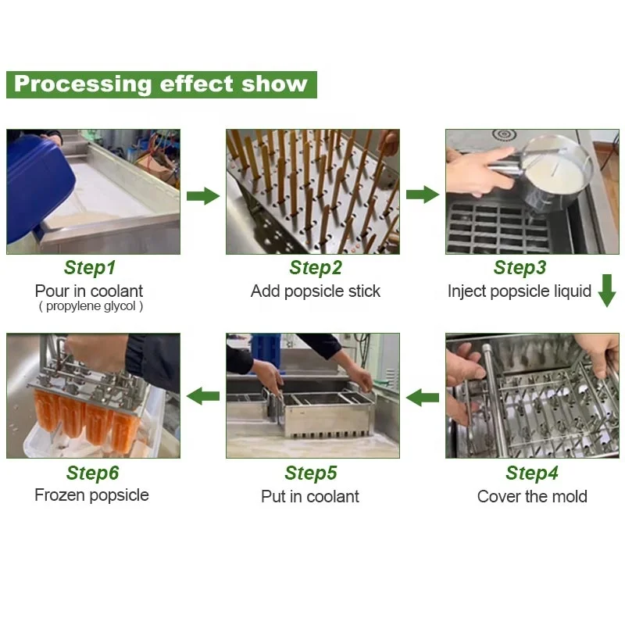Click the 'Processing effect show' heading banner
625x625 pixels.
coord(161,84)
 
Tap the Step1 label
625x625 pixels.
coord(90,268)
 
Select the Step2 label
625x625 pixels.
coord(315,268)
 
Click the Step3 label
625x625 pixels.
coord(520,268)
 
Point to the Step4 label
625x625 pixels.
coord(531,473)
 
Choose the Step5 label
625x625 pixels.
coord(311,473)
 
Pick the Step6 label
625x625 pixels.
coord(92,473)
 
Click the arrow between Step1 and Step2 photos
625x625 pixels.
coord(203,195)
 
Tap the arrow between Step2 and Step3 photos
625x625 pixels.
coord(423,195)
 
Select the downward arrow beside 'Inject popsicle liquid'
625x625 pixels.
coord(606,291)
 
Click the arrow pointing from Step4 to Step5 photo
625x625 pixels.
coord(423,398)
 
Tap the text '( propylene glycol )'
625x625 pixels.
coord(91,306)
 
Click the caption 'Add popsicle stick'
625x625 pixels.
coord(315,291)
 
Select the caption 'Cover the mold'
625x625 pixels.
coord(532,497)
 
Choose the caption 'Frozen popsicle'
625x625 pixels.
coord(91,495)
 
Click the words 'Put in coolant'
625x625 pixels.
coord(310,497)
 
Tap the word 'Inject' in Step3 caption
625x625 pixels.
coord(467,291)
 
